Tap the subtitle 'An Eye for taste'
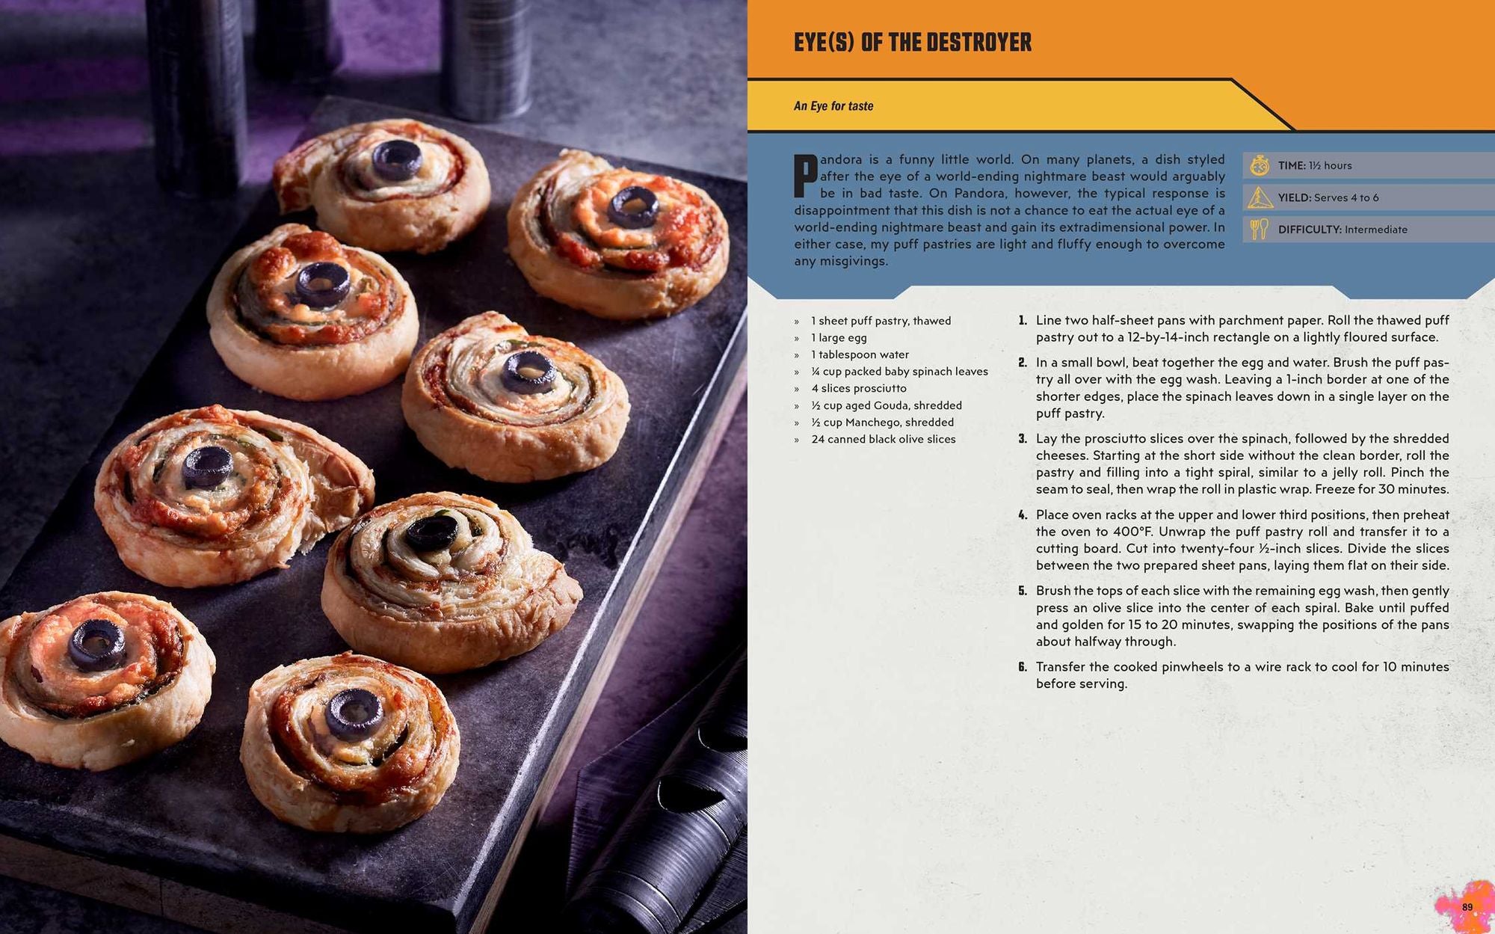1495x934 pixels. click(833, 106)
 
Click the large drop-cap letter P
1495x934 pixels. click(805, 176)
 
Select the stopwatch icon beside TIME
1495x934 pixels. click(1260, 165)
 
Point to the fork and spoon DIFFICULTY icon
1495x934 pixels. click(1260, 229)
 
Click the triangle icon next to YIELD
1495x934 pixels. click(1260, 197)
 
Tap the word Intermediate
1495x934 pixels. click(1375, 230)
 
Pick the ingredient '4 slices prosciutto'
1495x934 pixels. click(858, 388)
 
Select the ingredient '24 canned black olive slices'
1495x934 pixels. click(883, 439)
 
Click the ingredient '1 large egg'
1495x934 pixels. click(839, 337)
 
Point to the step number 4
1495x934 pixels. click(1023, 515)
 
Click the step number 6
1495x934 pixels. click(1023, 667)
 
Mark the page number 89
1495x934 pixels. click(1467, 907)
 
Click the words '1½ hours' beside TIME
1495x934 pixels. click(1330, 165)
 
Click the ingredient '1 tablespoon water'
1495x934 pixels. click(860, 354)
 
